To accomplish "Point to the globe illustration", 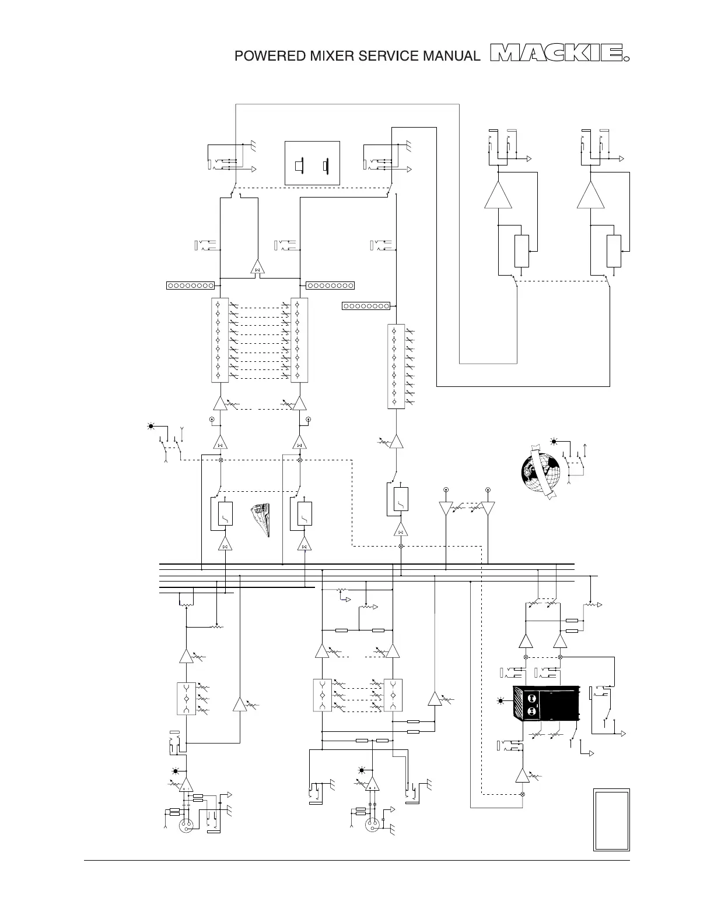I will click(540, 473).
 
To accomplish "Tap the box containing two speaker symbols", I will click(312, 164).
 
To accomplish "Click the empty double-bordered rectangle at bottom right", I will click(611, 820).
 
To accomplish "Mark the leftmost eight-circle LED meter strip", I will click(190, 286).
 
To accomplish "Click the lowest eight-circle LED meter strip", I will click(366, 306).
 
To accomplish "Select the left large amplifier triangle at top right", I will click(498, 196).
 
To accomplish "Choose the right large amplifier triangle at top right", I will click(590, 196).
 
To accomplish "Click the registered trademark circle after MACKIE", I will click(627, 58).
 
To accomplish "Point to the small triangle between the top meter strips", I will click(257, 268).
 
